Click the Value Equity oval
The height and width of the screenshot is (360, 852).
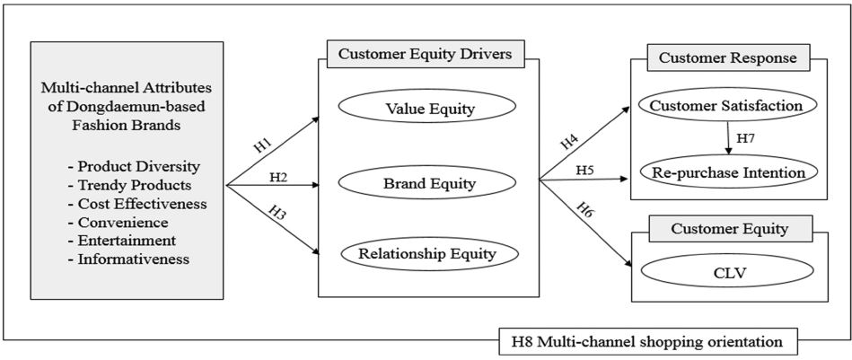click(428, 110)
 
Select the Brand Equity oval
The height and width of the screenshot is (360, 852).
click(428, 185)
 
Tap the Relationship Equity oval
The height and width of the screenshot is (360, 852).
click(427, 254)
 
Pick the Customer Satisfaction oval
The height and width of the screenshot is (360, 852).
click(727, 106)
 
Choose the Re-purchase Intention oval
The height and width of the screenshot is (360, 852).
click(727, 171)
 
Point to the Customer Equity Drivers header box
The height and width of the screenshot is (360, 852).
click(426, 54)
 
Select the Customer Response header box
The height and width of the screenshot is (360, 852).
click(727, 57)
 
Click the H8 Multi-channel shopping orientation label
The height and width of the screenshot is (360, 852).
click(646, 341)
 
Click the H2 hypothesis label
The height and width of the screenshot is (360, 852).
click(279, 177)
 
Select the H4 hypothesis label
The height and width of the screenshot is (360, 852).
click(569, 142)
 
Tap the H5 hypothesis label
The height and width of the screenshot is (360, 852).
click(584, 169)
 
